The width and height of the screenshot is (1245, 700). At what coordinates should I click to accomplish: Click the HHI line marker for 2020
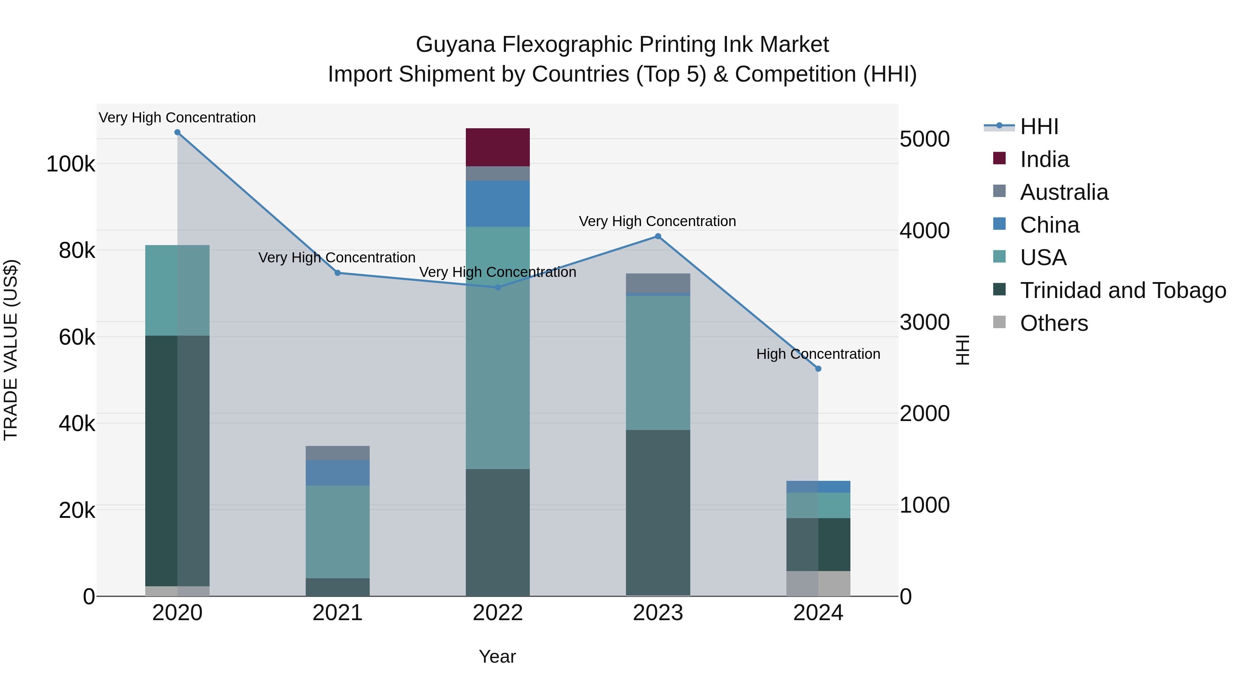tap(177, 132)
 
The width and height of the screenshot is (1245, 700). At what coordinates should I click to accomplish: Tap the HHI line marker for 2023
tap(658, 236)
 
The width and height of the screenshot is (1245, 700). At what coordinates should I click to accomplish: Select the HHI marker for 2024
tap(818, 368)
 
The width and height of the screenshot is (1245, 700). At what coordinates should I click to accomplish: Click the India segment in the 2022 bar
tap(497, 147)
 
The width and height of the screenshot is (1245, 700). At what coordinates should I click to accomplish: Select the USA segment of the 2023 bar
tap(658, 362)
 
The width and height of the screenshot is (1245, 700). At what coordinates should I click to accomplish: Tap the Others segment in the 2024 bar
tap(818, 584)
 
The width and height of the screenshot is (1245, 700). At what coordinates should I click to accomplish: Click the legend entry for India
tap(1044, 159)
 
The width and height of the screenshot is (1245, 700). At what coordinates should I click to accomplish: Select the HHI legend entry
tap(1039, 127)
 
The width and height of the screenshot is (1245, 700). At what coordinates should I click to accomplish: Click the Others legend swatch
tap(999, 322)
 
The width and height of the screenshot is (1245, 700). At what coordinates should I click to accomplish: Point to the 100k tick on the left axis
tap(71, 164)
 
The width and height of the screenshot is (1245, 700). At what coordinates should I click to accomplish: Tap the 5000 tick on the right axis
tap(924, 139)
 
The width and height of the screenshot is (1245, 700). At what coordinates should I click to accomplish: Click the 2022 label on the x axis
tap(497, 613)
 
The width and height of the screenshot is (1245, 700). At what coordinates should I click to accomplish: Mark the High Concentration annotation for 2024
tap(818, 354)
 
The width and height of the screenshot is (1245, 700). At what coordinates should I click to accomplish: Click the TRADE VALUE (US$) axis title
tap(11, 350)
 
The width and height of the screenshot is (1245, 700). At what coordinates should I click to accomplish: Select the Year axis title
tap(497, 656)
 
